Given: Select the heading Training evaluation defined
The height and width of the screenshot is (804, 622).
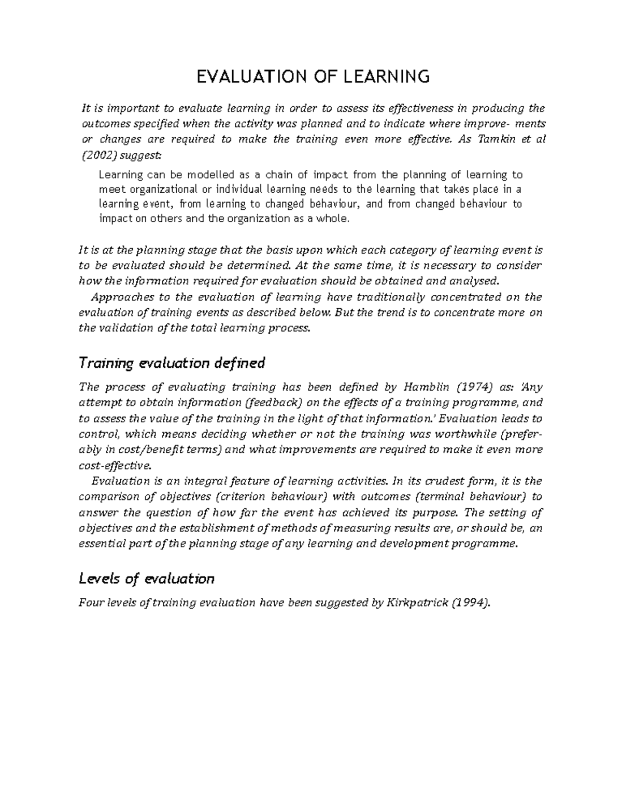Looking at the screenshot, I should tap(172, 363).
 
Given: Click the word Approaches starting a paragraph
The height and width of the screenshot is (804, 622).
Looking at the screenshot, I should tap(122, 297).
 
